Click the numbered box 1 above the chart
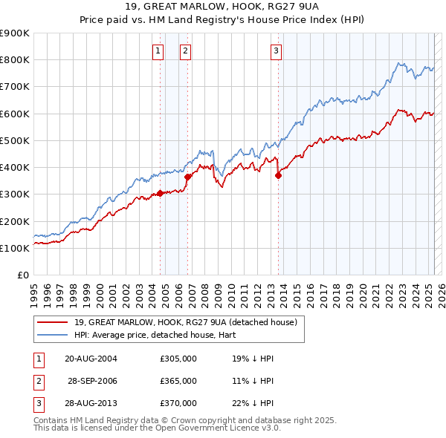(x=158, y=51)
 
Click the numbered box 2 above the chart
(x=185, y=51)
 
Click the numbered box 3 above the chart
(x=276, y=51)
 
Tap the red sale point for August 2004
(x=160, y=193)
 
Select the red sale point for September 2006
(x=188, y=177)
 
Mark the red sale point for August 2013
(x=279, y=176)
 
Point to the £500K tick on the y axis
(x=15, y=140)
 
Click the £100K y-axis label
(x=15, y=248)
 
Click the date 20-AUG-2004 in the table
(x=91, y=359)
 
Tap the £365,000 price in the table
(x=178, y=381)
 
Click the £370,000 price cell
(x=178, y=403)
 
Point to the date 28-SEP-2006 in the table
(x=92, y=381)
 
